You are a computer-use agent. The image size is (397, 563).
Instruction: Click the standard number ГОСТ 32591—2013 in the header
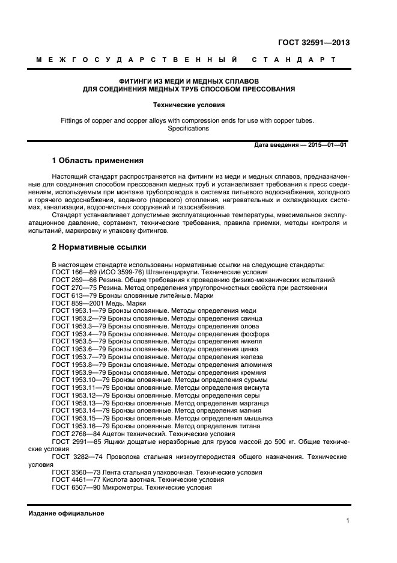pos(314,43)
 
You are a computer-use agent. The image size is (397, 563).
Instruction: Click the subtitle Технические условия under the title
pos(189,104)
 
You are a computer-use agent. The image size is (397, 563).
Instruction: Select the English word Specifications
pos(188,128)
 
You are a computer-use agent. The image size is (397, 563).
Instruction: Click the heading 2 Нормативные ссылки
pos(98,247)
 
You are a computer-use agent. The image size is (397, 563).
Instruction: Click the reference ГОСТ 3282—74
pos(76,457)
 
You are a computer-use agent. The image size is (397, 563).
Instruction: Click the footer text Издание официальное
pos(66,513)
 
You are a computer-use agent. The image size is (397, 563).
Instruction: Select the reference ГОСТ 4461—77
pos(76,480)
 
